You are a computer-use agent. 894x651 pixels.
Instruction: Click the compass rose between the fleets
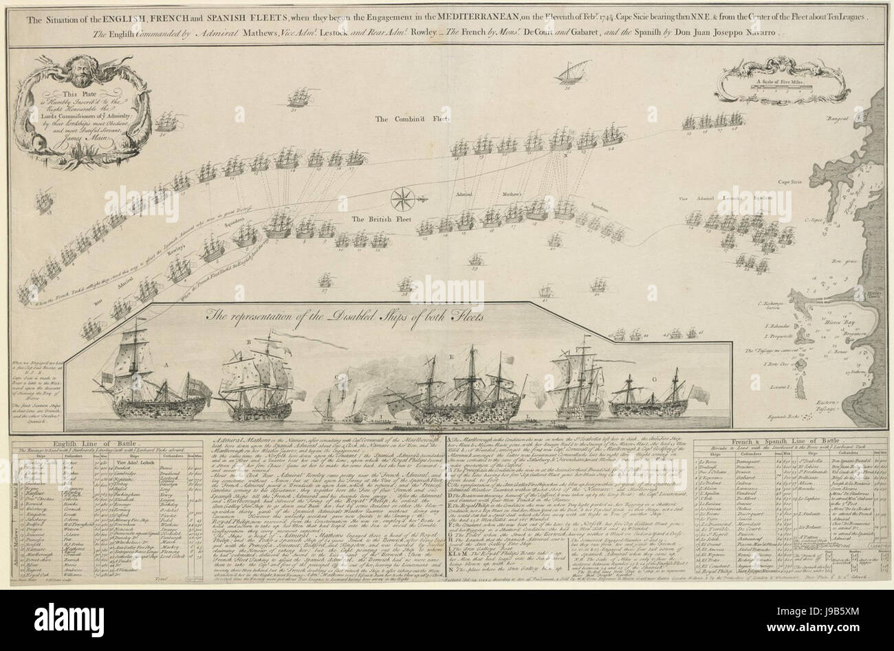(x=400, y=201)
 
